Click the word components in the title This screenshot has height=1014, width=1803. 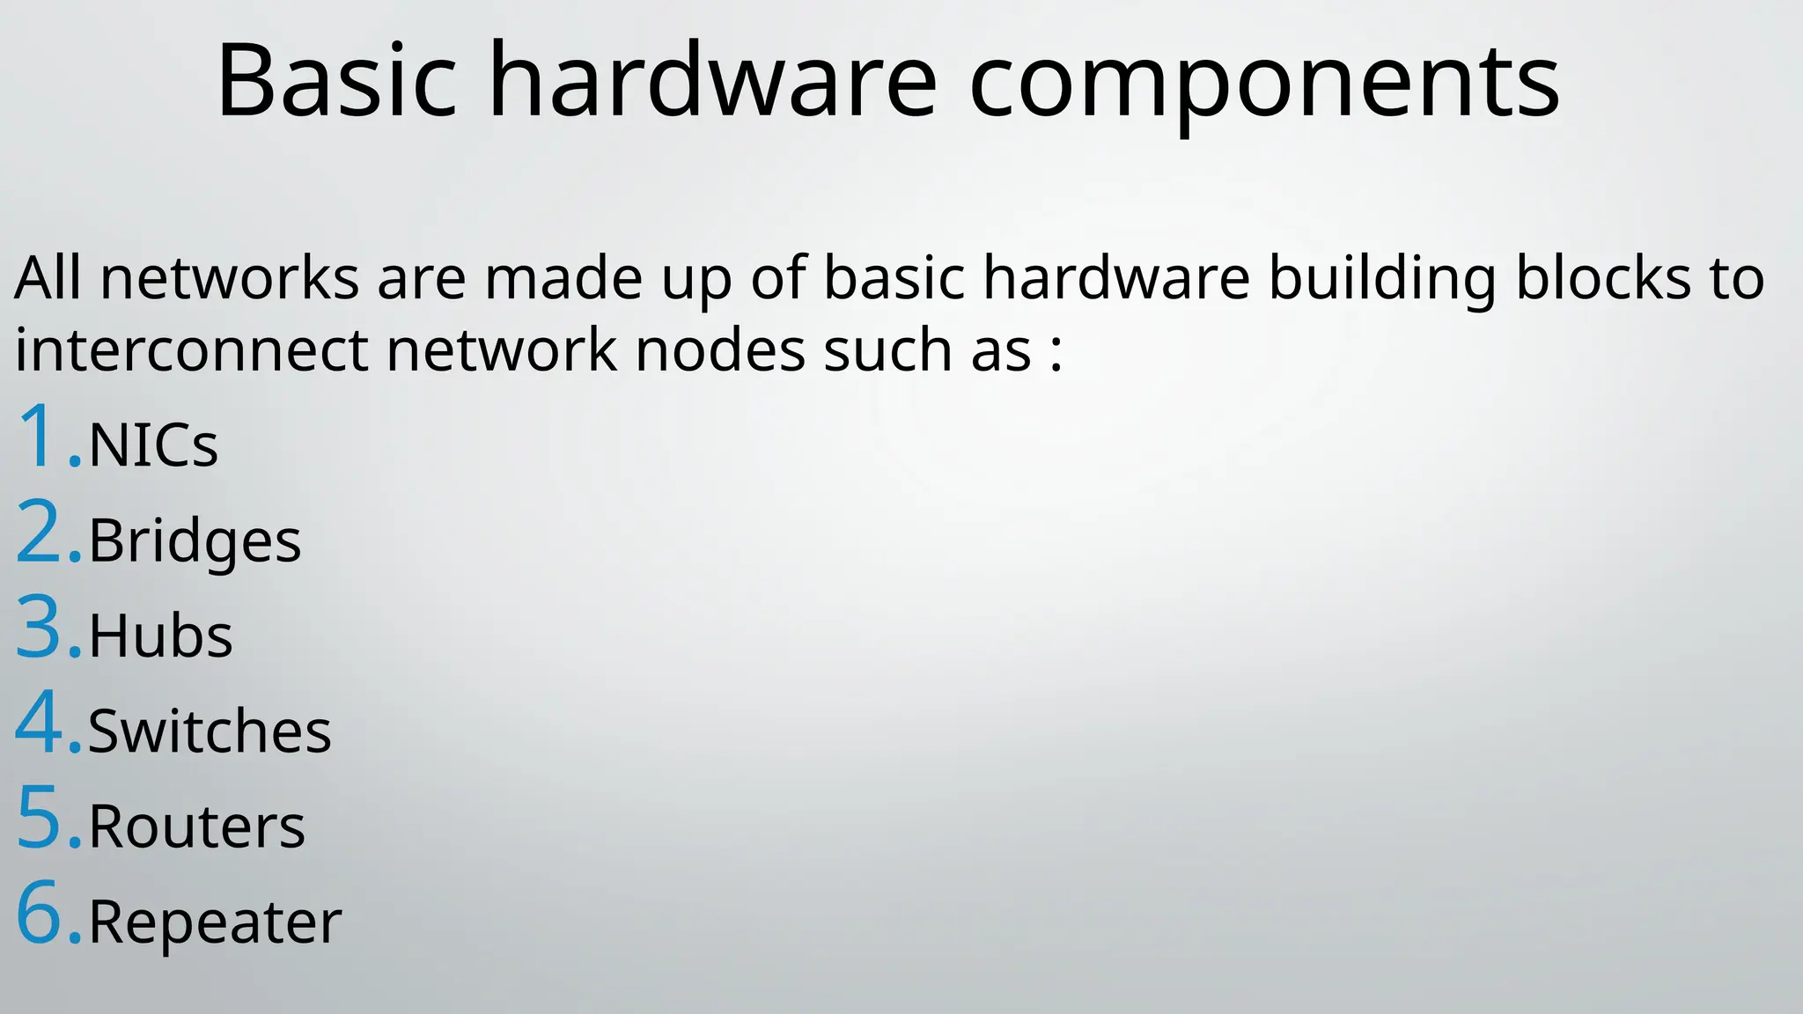1264,84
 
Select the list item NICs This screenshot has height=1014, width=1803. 153,445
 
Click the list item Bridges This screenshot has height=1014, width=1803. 195,540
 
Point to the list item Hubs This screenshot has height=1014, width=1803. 160,636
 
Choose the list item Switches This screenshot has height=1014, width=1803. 210,731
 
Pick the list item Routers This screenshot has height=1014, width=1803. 196,827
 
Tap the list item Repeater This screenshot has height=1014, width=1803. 215,922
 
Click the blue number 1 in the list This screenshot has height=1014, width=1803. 38,437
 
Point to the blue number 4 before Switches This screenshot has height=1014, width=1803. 39,723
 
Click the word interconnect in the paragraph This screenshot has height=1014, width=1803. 191,350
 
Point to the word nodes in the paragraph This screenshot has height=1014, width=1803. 719,350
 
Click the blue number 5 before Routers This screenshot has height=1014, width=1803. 39,818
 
